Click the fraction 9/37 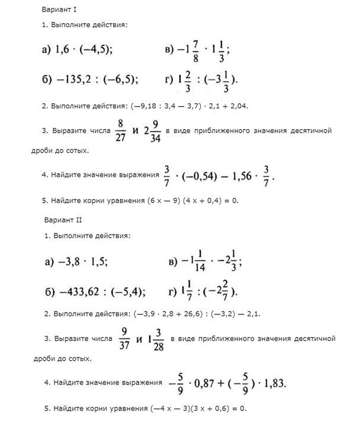point(124,339)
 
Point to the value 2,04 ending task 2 point(239,107)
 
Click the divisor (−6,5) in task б point(124,79)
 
